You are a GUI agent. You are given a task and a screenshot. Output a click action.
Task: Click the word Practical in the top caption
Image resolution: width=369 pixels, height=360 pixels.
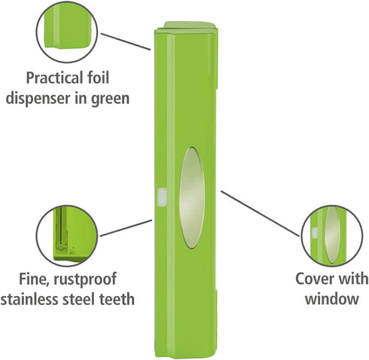point(55,78)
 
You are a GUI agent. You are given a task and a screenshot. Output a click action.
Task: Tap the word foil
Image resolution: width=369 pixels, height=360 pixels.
point(99,78)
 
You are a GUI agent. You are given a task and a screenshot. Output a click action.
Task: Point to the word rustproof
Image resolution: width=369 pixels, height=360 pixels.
point(85,279)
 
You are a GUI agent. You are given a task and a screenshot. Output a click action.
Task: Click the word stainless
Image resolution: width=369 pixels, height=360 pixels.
point(29,299)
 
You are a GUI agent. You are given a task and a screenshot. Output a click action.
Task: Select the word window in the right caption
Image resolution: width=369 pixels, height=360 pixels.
point(331,299)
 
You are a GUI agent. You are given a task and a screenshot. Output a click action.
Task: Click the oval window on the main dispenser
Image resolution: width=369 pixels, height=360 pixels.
point(192,198)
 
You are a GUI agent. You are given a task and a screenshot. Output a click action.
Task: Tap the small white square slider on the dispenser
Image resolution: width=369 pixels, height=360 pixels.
point(162,197)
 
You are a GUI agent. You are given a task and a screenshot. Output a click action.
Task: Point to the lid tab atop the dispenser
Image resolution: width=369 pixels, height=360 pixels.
point(190,25)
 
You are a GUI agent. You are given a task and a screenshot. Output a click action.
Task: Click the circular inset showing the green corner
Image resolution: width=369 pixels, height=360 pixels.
point(67,32)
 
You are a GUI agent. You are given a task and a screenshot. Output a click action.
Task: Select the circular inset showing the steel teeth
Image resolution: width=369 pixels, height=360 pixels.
point(67,236)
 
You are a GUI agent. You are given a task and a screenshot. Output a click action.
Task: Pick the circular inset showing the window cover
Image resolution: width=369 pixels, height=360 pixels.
point(332,236)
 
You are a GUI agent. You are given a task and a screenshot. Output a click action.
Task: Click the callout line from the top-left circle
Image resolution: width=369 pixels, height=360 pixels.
point(126,41)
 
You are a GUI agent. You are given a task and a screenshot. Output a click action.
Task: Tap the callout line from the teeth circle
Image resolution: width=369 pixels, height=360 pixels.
point(126,228)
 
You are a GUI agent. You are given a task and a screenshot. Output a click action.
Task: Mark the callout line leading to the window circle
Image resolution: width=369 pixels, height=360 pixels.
point(260,214)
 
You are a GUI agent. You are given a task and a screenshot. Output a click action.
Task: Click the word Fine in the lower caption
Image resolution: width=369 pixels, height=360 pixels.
point(33,279)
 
